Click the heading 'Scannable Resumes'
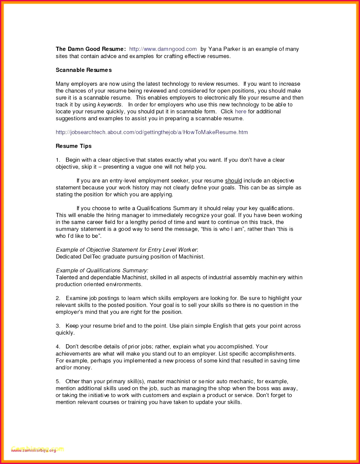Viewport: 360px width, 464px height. pyautogui.click(x=84, y=70)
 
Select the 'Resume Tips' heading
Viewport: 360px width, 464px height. pyautogui.click(x=73, y=146)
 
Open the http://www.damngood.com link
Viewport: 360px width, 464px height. pyautogui.click(x=163, y=49)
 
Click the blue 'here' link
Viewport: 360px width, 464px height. pyautogui.click(x=241, y=112)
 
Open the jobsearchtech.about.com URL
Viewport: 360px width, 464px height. pyautogui.click(x=151, y=132)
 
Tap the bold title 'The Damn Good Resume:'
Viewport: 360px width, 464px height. pyautogui.click(x=91, y=49)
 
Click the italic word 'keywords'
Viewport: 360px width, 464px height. pyautogui.click(x=110, y=105)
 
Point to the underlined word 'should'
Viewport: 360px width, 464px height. pyautogui.click(x=233, y=181)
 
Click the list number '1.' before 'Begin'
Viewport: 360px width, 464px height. pyautogui.click(x=58, y=160)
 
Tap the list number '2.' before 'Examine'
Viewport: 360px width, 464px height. pyautogui.click(x=58, y=298)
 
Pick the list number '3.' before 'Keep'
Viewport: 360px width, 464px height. pyautogui.click(x=58, y=326)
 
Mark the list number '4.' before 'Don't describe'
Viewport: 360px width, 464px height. pyautogui.click(x=58, y=347)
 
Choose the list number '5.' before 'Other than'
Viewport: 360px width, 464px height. pyautogui.click(x=58, y=382)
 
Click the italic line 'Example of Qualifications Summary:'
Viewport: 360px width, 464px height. pyautogui.click(x=102, y=271)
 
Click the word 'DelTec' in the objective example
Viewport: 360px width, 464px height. pyautogui.click(x=92, y=257)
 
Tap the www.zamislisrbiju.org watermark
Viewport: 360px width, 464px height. pyautogui.click(x=34, y=450)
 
